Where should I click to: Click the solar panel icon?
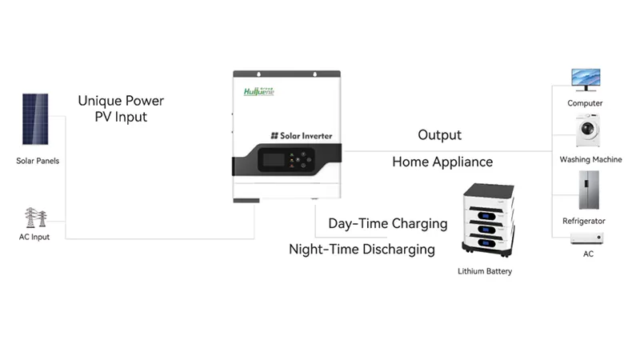coord(35,119)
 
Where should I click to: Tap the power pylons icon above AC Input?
coord(35,217)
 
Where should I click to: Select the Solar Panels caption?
coord(38,161)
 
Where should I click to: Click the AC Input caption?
coord(34,237)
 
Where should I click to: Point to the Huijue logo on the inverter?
coord(258,91)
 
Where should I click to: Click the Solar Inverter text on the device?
coord(302,136)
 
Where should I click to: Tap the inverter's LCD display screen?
coord(274,159)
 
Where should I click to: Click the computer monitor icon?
coord(586,79)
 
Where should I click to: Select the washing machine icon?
coord(588,130)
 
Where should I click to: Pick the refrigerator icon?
coord(589,190)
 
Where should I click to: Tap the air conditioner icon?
coord(587,238)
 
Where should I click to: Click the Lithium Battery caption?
coord(485,271)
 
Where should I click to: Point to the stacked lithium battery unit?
coord(488,220)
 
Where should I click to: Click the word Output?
coord(439,135)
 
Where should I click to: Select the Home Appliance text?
coord(442,162)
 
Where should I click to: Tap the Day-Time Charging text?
coord(388,224)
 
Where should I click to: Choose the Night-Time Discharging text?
coord(362,250)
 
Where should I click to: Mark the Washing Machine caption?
coord(590,159)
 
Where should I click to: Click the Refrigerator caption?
coord(584,222)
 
